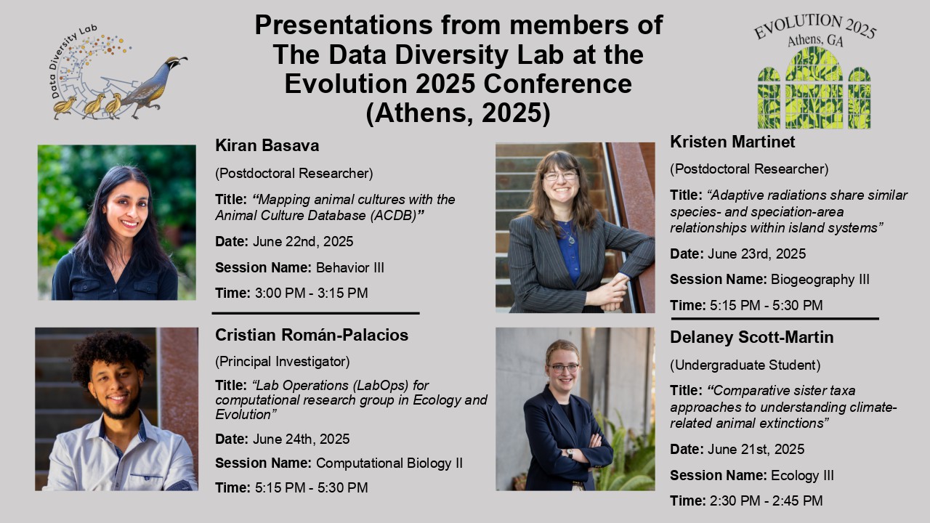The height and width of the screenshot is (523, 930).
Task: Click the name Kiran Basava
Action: (267, 146)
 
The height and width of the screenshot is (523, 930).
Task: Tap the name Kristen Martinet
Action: (732, 142)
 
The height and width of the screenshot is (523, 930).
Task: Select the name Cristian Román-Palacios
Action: (312, 335)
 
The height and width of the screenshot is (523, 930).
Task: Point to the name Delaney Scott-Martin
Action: (751, 338)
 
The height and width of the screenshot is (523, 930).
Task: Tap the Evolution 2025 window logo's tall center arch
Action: (814, 88)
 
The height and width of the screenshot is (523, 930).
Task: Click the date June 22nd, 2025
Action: (303, 242)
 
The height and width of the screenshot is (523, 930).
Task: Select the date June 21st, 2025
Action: (756, 449)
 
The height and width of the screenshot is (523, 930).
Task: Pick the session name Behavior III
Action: (350, 268)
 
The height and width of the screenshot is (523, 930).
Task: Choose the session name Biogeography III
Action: (820, 280)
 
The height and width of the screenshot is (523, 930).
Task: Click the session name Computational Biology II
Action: (389, 463)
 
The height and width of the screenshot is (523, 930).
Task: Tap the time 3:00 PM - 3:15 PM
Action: (312, 293)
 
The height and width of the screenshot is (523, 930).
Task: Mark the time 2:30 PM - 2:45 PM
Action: (766, 501)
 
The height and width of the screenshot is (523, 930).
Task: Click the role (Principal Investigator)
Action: (283, 362)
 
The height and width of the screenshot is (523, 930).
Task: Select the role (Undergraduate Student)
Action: (745, 365)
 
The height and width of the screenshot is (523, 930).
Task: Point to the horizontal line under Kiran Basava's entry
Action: (315, 313)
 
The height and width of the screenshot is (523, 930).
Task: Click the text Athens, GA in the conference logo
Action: (815, 40)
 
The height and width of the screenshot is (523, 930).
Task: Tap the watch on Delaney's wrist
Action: (570, 453)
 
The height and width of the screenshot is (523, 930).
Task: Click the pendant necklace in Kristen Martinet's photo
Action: (571, 240)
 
